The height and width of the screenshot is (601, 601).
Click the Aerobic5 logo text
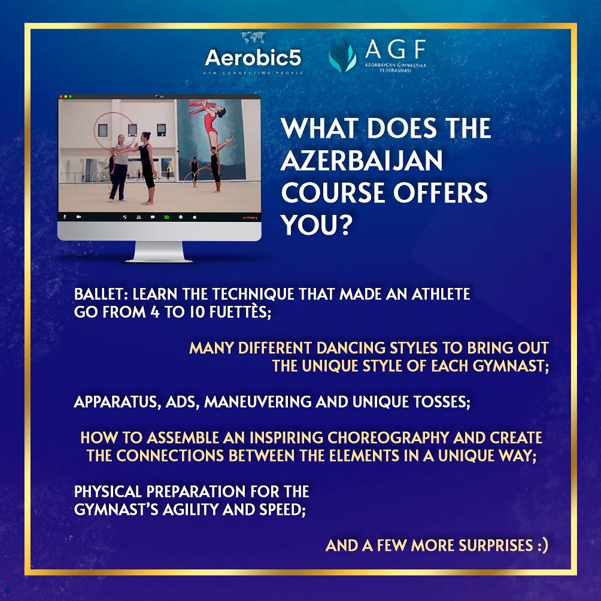pos(253,58)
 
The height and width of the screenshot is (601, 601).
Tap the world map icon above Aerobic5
pos(253,38)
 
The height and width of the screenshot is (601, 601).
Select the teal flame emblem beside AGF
pos(342,56)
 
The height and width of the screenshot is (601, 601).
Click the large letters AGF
pos(395,49)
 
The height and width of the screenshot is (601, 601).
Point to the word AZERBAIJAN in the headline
pos(362,160)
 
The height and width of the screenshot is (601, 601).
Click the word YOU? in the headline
pos(316,224)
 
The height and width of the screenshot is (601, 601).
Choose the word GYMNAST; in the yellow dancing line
pos(511,366)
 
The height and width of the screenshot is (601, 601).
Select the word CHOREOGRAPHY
pos(388,438)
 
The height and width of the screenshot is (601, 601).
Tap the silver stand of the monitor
pos(159,251)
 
